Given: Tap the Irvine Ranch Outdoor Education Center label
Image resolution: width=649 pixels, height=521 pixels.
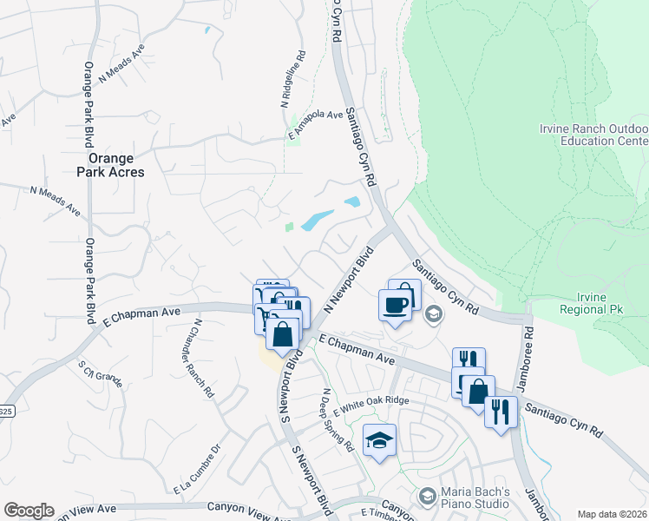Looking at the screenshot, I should click(x=593, y=135).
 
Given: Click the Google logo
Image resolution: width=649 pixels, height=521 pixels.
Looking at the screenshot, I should click(x=29, y=511).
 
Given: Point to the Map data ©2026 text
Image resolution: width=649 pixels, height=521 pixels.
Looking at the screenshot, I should click(x=612, y=514).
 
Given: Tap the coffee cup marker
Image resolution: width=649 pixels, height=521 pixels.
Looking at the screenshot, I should click(x=395, y=305).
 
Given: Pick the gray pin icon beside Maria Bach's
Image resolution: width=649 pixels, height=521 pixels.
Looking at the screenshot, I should click(x=426, y=496).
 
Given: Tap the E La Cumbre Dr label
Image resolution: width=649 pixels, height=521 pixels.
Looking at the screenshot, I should click(x=198, y=470).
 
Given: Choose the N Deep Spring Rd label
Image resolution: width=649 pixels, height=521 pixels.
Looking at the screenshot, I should click(x=335, y=419).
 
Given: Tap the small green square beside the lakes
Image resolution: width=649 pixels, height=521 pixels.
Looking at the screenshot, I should click(x=289, y=228).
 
